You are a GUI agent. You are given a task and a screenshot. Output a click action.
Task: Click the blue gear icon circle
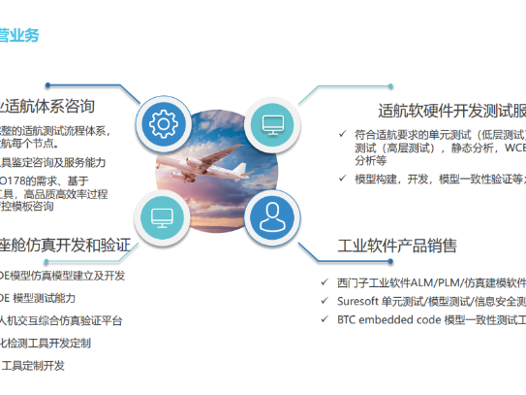pos(162,123)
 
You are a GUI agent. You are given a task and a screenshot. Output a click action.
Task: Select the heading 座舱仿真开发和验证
pos(64,245)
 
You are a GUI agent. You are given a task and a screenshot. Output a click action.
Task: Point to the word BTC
pos(351,319)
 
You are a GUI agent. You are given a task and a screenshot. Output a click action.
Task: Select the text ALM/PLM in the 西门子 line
pos(439,282)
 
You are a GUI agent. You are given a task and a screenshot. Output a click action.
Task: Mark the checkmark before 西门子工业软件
pos(325,282)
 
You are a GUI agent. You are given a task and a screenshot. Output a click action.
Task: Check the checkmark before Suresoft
pos(325,301)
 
